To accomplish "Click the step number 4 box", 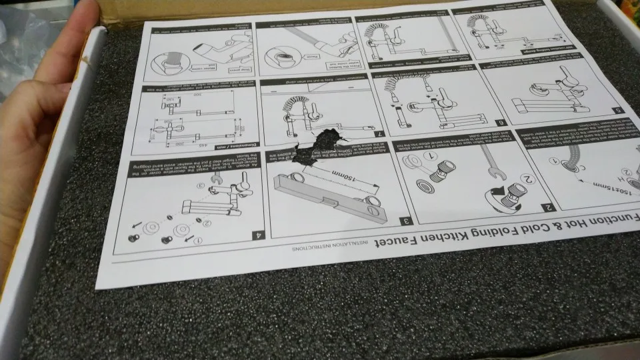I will coord(256,235).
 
